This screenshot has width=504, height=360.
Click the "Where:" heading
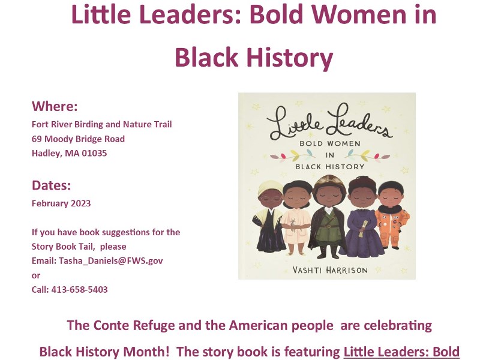pyautogui.click(x=55, y=106)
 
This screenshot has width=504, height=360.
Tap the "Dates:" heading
pyautogui.click(x=51, y=185)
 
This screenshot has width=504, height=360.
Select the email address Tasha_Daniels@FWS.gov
pyautogui.click(x=111, y=260)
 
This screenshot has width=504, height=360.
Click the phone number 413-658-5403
pyautogui.click(x=79, y=289)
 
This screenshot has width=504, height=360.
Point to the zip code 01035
pyautogui.click(x=94, y=153)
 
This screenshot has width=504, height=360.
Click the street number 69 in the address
pyautogui.click(x=37, y=139)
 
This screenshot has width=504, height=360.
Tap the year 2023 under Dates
pyautogui.click(x=80, y=203)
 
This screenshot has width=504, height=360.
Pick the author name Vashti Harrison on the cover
pyautogui.click(x=330, y=269)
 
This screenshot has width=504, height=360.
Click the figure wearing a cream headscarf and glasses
pyautogui.click(x=269, y=216)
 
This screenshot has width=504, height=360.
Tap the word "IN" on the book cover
pyautogui.click(x=330, y=155)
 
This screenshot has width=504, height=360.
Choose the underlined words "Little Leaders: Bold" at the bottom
pyautogui.click(x=401, y=352)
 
